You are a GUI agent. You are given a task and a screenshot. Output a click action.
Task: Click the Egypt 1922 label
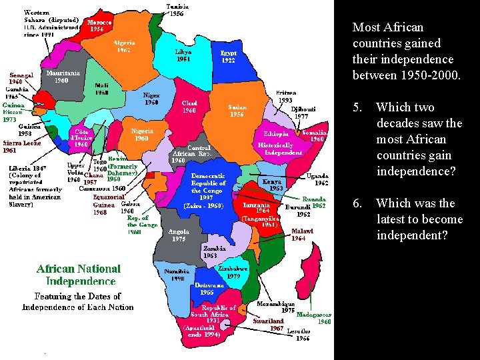(228, 56)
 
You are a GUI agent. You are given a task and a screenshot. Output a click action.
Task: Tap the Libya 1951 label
(183, 54)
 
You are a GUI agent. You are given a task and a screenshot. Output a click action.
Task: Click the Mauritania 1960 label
(63, 77)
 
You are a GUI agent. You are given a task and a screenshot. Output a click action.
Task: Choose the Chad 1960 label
(189, 107)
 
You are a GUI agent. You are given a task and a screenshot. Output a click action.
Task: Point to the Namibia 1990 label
(177, 275)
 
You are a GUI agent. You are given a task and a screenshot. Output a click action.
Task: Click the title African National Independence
(79, 275)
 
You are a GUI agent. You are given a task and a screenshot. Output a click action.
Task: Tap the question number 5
(357, 107)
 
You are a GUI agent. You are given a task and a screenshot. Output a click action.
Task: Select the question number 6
(357, 203)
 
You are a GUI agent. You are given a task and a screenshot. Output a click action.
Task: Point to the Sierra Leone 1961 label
(21, 147)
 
